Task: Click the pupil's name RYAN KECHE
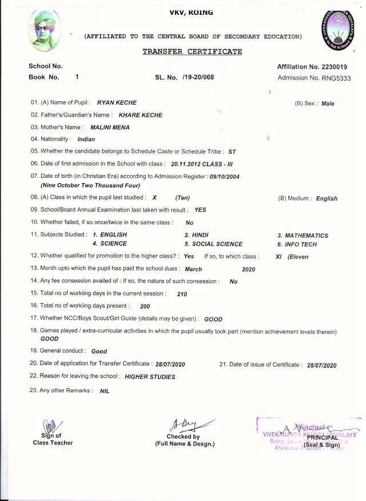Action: point(117,102)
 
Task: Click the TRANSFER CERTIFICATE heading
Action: point(192,51)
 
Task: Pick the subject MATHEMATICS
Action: point(303,235)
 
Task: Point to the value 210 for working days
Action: point(182,294)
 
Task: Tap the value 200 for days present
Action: point(145,307)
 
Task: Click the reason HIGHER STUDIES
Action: point(150,377)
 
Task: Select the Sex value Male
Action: point(328,104)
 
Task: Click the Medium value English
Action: point(327,198)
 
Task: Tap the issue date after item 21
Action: point(322,365)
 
